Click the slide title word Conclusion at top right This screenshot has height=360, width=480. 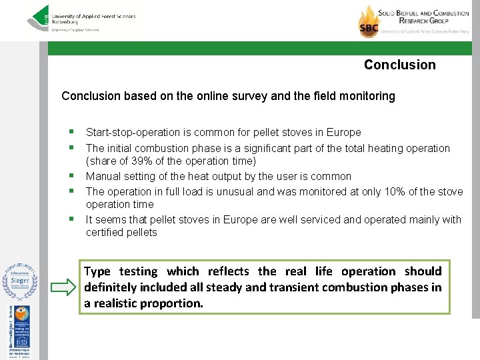(399, 65)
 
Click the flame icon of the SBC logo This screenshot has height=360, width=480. (369, 20)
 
